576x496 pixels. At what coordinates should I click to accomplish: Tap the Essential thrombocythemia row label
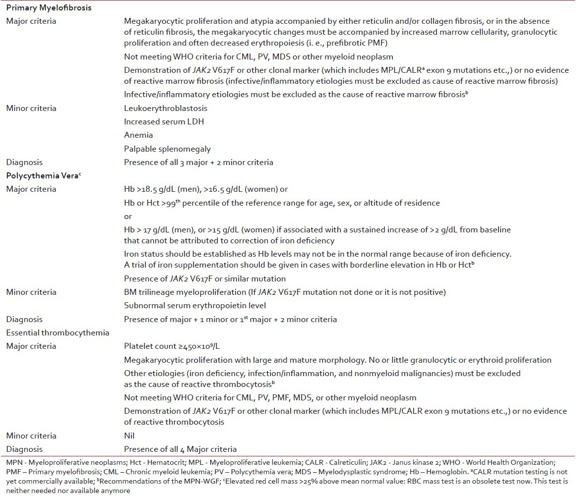coord(58,332)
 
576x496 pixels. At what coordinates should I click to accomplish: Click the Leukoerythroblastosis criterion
coord(166,108)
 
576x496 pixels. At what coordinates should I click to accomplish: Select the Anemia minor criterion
coord(138,135)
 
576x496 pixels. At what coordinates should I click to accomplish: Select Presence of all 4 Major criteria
coord(180,449)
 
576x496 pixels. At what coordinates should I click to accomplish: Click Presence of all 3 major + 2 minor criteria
coord(198,162)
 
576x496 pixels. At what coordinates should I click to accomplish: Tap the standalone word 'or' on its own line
coord(128,216)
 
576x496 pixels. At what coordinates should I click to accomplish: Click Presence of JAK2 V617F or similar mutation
coord(204,279)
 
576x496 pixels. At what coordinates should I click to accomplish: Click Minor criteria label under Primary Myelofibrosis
coord(31,108)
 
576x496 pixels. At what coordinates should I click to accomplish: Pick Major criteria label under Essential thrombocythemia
coord(31,346)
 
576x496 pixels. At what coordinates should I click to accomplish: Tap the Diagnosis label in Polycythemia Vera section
coord(24,319)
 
